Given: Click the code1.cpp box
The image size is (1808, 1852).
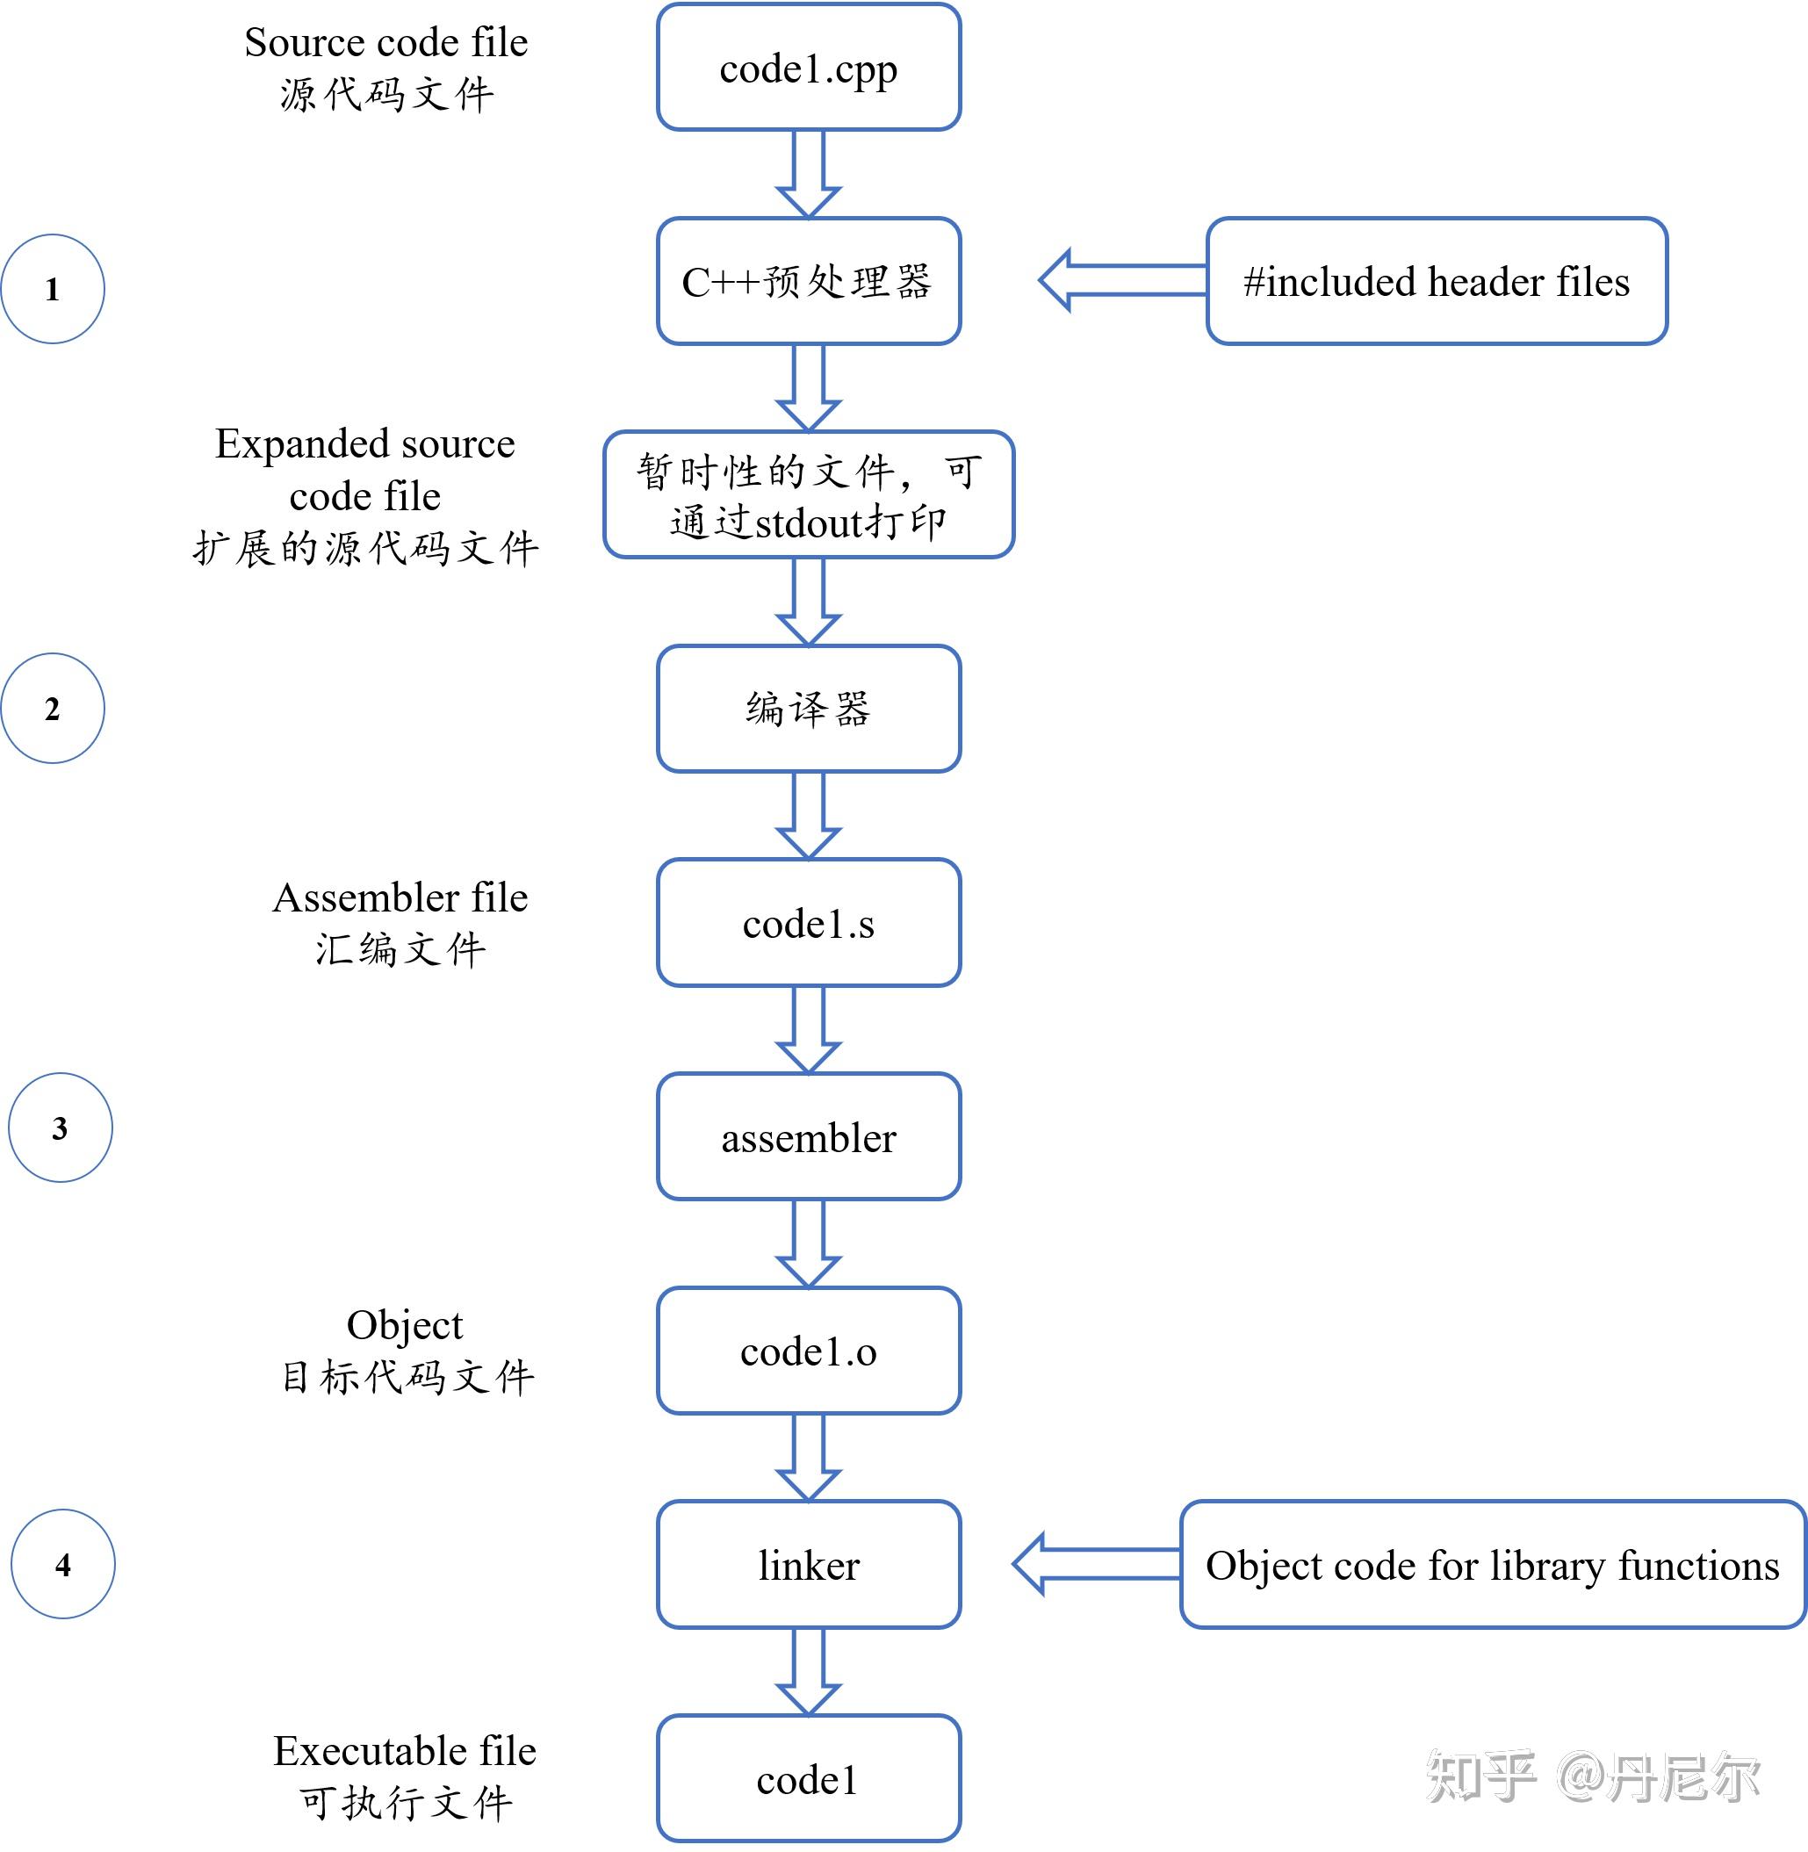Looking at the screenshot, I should [x=808, y=68].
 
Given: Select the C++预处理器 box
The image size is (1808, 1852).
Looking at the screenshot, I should [x=808, y=281].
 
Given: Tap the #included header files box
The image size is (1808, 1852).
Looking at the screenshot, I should [x=1436, y=281].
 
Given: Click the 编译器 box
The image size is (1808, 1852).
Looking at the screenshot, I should [x=808, y=709].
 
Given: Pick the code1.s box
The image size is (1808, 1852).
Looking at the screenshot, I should [x=808, y=923].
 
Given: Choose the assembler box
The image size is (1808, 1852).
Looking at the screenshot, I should [x=808, y=1137].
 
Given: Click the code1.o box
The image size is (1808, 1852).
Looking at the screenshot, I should [x=808, y=1351].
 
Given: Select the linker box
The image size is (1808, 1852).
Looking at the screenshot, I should [x=808, y=1564].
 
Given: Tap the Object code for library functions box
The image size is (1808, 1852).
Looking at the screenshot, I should [x=1492, y=1564].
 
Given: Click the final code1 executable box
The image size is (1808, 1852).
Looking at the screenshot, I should [x=808, y=1779].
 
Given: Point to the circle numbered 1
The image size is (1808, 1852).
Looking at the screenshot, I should [x=52, y=289].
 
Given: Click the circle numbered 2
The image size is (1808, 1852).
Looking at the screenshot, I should [x=52, y=709].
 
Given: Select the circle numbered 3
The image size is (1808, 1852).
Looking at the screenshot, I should [x=60, y=1128].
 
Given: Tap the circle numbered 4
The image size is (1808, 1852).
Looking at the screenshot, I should [x=62, y=1564].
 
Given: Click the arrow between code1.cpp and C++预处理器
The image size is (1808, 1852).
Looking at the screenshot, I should [x=808, y=174].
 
